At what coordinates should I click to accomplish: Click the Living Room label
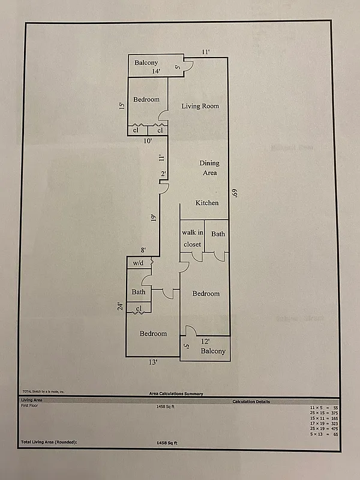click(200, 106)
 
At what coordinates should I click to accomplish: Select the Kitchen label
click(207, 203)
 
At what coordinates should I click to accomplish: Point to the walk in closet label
click(192, 238)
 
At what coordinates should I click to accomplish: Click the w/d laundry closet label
click(137, 263)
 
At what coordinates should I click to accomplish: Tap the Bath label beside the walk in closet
click(218, 233)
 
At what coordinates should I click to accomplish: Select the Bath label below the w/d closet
click(139, 292)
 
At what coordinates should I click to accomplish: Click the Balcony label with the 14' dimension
click(146, 63)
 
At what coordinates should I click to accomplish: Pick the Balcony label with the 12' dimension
click(213, 351)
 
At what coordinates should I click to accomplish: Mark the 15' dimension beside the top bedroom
click(121, 106)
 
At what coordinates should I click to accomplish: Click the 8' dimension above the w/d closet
click(143, 250)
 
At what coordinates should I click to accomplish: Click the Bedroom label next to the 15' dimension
click(146, 100)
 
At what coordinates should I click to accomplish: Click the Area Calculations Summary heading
click(176, 394)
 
